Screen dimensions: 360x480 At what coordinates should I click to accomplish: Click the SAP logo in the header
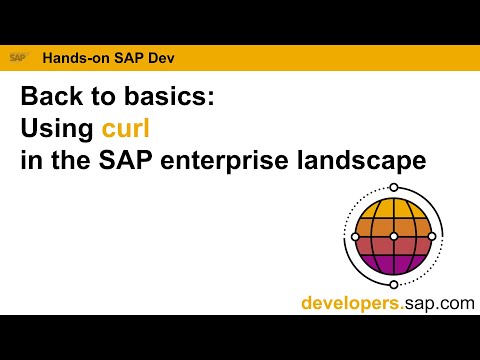[18, 57]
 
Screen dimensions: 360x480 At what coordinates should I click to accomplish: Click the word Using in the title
[57, 129]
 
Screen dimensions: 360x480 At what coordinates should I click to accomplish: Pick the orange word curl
[125, 129]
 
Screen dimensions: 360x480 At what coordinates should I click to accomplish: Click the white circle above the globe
[393, 187]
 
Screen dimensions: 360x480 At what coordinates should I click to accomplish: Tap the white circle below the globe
[394, 282]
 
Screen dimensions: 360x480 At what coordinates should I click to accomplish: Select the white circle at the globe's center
[394, 236]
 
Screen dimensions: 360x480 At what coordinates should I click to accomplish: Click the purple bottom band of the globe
[393, 263]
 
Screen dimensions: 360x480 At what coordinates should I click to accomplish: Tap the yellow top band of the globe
[394, 210]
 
